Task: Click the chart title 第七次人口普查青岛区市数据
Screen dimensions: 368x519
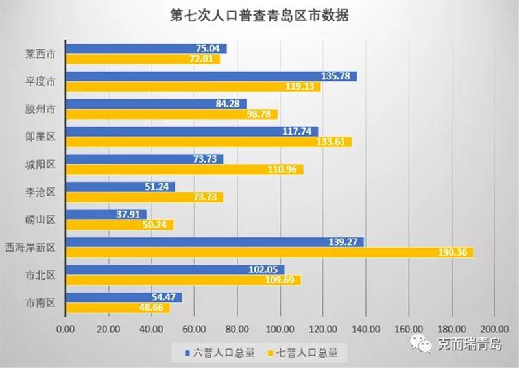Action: [x=259, y=15]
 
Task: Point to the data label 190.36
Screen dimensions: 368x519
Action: [x=456, y=252]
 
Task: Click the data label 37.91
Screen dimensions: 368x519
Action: [x=132, y=215]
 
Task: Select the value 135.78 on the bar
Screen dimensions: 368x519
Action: [x=340, y=77]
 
